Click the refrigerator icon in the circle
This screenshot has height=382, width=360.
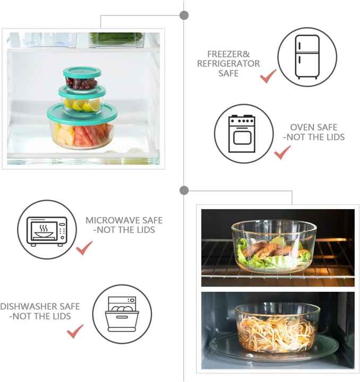[x=307, y=57]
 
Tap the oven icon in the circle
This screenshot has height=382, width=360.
[x=242, y=134]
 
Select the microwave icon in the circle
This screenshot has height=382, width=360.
[x=47, y=230]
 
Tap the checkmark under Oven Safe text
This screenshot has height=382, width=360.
[x=282, y=152]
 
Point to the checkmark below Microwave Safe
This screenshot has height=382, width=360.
[x=84, y=248]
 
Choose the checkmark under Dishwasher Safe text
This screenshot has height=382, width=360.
[x=75, y=331]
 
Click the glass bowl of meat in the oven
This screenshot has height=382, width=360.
[x=273, y=247]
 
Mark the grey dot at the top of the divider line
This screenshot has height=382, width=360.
[x=184, y=15]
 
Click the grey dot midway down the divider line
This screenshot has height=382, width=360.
[x=184, y=190]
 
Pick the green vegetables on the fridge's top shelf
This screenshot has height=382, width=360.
[x=116, y=38]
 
